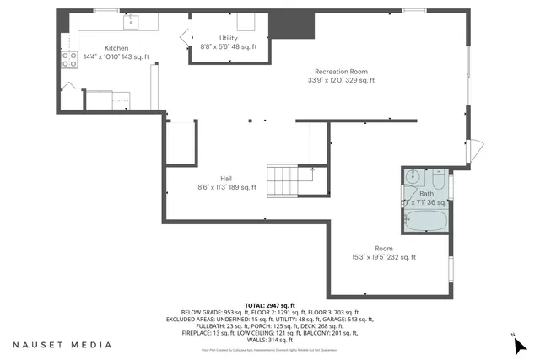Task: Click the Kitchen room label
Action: [x=116, y=48]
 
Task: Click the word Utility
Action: [x=228, y=39]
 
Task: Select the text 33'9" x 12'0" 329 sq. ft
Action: [x=340, y=80]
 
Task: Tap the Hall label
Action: [x=226, y=178]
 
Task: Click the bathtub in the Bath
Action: [x=426, y=221]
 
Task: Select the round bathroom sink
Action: [x=413, y=177]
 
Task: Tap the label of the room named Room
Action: [x=384, y=248]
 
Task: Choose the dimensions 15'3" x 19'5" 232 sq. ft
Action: [x=384, y=257]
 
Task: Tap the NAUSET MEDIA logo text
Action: [x=62, y=345]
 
